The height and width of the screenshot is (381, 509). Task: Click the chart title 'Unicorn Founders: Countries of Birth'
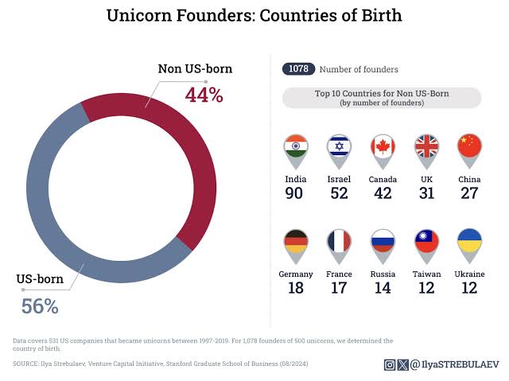(x=254, y=15)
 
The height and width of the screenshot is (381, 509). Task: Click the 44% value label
(x=204, y=95)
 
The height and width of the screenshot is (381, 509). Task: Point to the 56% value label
(x=40, y=306)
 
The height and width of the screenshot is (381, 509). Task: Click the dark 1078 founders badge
(x=298, y=69)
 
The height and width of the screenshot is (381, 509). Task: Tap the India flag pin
(x=296, y=149)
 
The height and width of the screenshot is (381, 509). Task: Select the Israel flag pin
(x=340, y=149)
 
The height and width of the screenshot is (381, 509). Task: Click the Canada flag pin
(x=383, y=149)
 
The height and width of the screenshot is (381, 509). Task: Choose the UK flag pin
(x=426, y=149)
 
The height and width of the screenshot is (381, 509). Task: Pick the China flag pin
(x=469, y=149)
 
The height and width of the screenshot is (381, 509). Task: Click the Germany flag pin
(x=296, y=243)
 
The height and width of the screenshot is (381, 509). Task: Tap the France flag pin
(x=340, y=243)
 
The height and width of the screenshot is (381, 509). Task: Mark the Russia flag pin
(x=383, y=243)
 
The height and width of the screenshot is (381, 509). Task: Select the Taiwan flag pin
(x=426, y=243)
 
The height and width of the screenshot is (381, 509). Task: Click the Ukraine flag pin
(x=469, y=243)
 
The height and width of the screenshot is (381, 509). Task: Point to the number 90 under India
(x=296, y=193)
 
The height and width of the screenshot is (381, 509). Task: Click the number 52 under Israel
(x=340, y=193)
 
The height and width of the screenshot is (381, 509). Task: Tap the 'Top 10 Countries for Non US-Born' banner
(x=382, y=98)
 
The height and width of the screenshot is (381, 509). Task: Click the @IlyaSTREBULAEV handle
(x=449, y=365)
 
